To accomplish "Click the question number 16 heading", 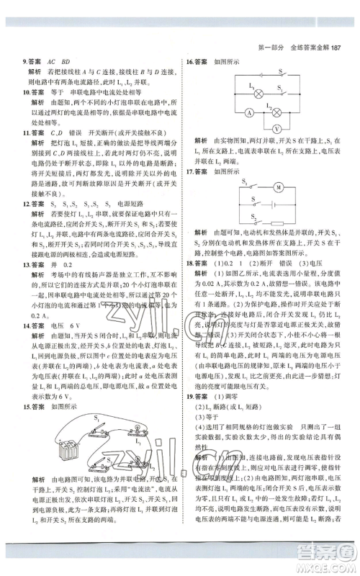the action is pyautogui.click(x=192, y=62).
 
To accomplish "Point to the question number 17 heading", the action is pyautogui.click(x=192, y=172).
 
